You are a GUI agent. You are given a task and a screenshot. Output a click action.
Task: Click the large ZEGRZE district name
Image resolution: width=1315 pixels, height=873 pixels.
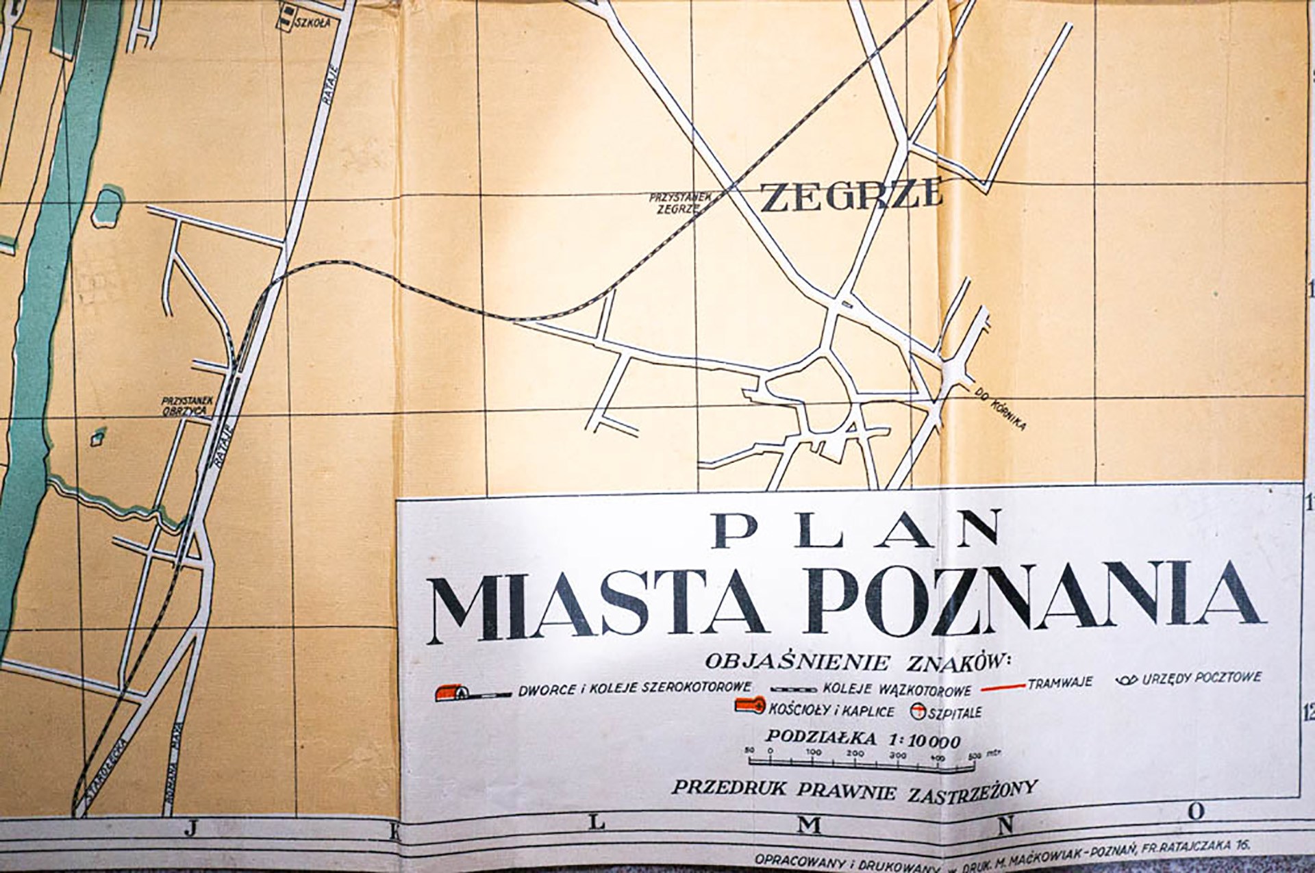852,196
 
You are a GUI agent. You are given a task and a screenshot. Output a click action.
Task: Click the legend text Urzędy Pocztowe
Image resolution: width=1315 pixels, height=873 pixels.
1199,679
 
